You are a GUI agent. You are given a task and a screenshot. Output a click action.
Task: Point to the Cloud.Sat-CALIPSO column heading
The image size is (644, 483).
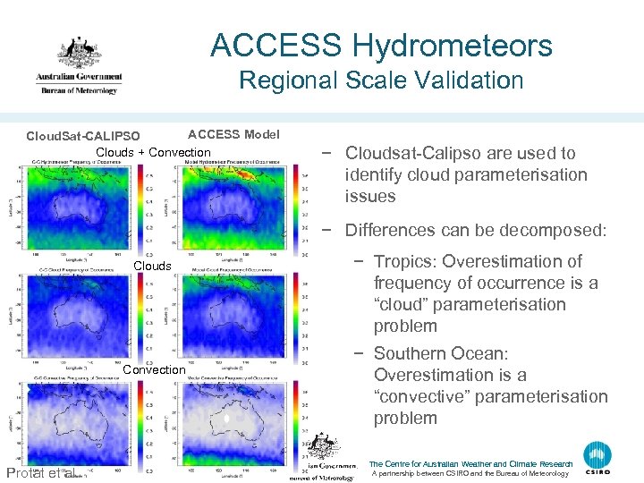click(x=83, y=136)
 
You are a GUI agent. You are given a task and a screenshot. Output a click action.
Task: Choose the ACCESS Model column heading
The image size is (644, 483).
click(x=233, y=134)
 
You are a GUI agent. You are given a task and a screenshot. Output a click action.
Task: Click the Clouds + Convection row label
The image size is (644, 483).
click(x=153, y=152)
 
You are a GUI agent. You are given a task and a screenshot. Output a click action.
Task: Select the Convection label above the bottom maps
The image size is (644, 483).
click(x=155, y=369)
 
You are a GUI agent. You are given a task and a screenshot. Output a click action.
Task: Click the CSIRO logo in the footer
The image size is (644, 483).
click(x=598, y=459)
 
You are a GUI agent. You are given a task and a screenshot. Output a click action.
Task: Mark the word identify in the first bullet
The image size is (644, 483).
click(x=375, y=174)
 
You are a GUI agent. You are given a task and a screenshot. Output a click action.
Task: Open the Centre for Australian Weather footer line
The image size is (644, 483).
click(x=470, y=464)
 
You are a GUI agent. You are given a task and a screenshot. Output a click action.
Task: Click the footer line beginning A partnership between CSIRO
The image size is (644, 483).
click(x=470, y=474)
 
